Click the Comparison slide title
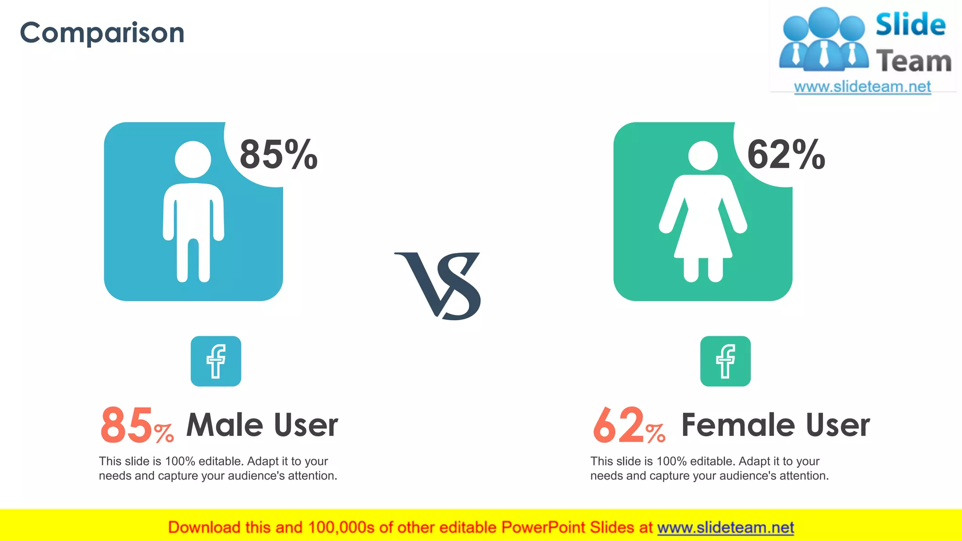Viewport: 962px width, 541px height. tap(102, 33)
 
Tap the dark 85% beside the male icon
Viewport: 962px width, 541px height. tap(279, 155)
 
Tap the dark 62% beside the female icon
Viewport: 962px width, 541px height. tap(786, 155)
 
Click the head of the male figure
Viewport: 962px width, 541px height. tap(193, 159)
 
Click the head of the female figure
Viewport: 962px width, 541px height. tap(703, 156)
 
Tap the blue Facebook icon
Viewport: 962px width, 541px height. tap(216, 361)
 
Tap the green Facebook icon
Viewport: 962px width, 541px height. tap(725, 361)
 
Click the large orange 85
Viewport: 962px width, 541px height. tap(126, 425)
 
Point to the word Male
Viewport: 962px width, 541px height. tap(225, 425)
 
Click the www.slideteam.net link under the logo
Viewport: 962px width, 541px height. tap(862, 87)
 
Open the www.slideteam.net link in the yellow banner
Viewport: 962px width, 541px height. tap(725, 528)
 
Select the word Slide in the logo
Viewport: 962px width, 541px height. tap(910, 24)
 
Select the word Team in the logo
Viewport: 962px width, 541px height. tap(914, 62)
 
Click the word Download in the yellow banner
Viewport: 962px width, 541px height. tap(204, 528)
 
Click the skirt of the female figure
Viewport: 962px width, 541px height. tap(703, 240)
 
